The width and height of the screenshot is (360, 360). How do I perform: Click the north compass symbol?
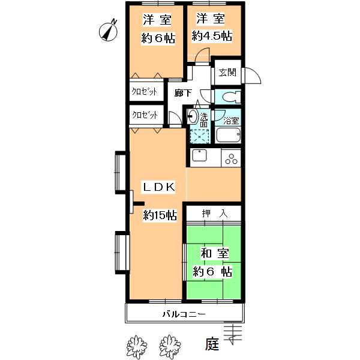coord(108,31)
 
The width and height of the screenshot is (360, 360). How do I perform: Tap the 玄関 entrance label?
coord(227,73)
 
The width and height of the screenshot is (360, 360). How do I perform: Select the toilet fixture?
coord(232,97)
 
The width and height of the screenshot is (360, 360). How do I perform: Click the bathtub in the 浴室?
coord(228,135)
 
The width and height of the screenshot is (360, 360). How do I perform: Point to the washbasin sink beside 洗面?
coord(193,116)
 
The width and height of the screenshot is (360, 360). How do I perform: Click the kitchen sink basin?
coord(199,155)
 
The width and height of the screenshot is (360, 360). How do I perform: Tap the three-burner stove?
coord(231,158)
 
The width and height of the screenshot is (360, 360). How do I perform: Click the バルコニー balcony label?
coord(184,314)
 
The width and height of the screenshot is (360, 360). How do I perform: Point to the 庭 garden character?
coord(212,344)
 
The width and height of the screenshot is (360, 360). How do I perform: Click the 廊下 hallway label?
coord(183,93)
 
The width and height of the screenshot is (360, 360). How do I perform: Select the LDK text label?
coord(159,187)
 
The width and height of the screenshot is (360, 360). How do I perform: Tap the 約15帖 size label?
coord(160,215)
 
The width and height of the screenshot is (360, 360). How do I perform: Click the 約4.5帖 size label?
coord(212,36)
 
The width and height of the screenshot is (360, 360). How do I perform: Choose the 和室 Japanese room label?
coord(215,253)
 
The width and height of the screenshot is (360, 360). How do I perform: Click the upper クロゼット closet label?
coord(145,92)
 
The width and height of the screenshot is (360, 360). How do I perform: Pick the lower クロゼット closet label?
coord(145,115)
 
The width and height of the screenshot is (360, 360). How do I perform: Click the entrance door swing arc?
coord(256,73)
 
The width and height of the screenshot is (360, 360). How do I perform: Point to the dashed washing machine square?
coord(200,136)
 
